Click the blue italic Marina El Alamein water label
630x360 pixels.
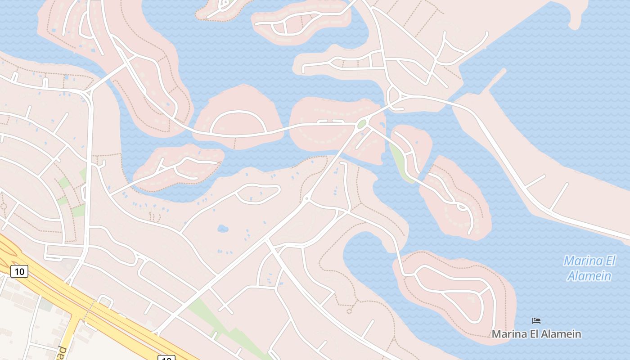coord(589,268)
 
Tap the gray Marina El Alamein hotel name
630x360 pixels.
coord(536,334)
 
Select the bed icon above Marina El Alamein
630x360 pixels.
coord(536,321)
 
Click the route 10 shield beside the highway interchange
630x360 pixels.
coord(19,271)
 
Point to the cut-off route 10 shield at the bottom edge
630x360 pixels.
coord(166,358)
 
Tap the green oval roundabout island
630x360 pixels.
coord(362,124)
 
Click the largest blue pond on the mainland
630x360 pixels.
coord(223,229)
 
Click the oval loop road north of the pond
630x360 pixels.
coord(258,194)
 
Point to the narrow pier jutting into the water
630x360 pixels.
coord(495,81)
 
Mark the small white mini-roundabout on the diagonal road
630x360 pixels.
coord(306,198)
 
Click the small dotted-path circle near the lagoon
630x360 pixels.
coord(349,310)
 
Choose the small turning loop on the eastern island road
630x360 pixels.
coord(462,207)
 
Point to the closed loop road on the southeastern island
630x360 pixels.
coord(454,292)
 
